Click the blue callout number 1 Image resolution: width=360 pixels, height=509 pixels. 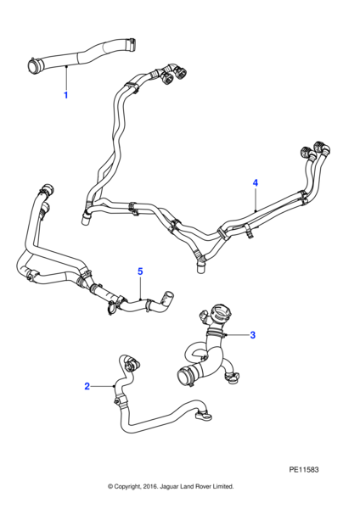coord(66,95)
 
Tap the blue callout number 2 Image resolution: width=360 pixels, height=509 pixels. coord(87,386)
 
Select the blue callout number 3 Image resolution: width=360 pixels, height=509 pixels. coord(253,335)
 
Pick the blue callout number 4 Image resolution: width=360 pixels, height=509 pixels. coord(256,182)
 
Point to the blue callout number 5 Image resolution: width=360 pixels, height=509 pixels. coord(140,271)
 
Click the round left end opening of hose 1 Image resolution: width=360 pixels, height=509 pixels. coord(33,65)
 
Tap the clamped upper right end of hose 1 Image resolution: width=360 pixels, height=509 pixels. coord(132,44)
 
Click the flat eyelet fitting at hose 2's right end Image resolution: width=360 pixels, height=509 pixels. coord(204,417)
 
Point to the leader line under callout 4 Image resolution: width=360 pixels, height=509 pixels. coord(256,199)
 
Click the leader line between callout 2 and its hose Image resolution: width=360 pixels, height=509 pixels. coord(102,386)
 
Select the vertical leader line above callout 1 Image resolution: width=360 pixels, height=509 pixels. coord(66,78)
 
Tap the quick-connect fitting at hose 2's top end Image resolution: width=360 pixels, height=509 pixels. coord(132,364)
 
